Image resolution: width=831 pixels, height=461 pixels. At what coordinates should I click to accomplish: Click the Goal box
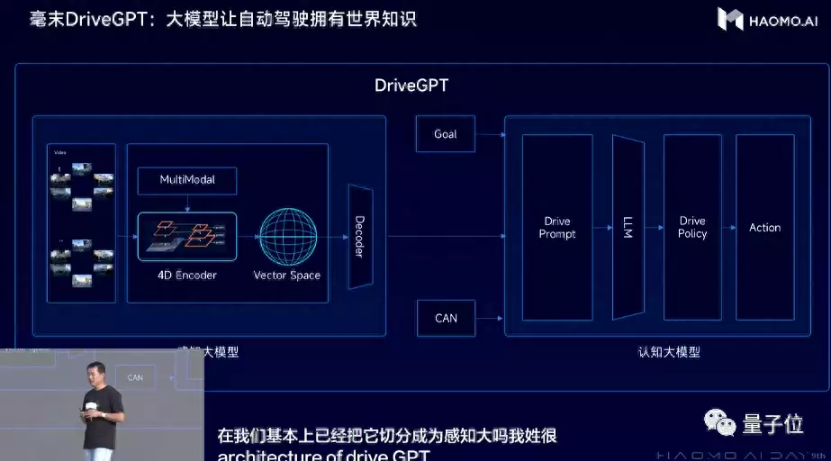pyautogui.click(x=445, y=134)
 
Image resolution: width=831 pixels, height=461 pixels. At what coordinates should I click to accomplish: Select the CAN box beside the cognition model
pyautogui.click(x=445, y=318)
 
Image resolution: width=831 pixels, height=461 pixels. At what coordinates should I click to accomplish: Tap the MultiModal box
pyautogui.click(x=186, y=180)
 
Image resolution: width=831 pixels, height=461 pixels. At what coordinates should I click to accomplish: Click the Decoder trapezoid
pyautogui.click(x=359, y=237)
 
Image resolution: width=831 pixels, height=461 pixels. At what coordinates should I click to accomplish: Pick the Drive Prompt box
pyautogui.click(x=557, y=227)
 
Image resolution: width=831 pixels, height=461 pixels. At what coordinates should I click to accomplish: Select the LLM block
pyautogui.click(x=628, y=227)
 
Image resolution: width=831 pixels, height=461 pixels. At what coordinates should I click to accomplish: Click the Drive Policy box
pyautogui.click(x=692, y=227)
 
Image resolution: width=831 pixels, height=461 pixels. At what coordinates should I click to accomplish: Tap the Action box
pyautogui.click(x=764, y=227)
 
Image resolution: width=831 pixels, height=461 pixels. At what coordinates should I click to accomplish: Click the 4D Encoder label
pyautogui.click(x=186, y=275)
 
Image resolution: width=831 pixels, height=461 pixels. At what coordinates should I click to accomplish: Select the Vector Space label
pyautogui.click(x=287, y=275)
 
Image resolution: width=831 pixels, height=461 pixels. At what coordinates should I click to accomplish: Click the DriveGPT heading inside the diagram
pyautogui.click(x=411, y=86)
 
